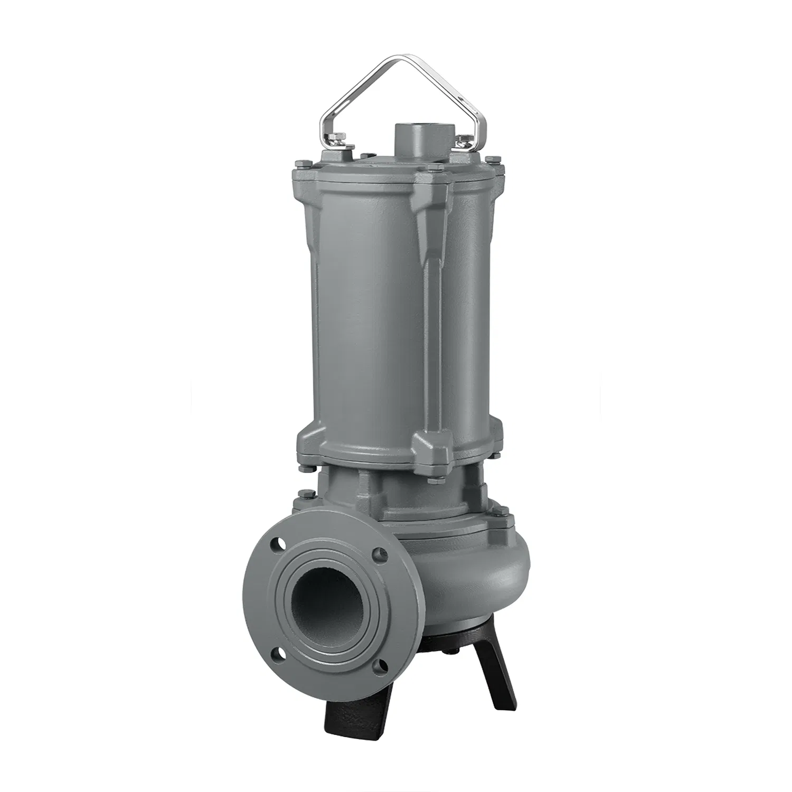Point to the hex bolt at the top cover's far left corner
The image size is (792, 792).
[x=299, y=164]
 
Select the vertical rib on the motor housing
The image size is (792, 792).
[x=426, y=317]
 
